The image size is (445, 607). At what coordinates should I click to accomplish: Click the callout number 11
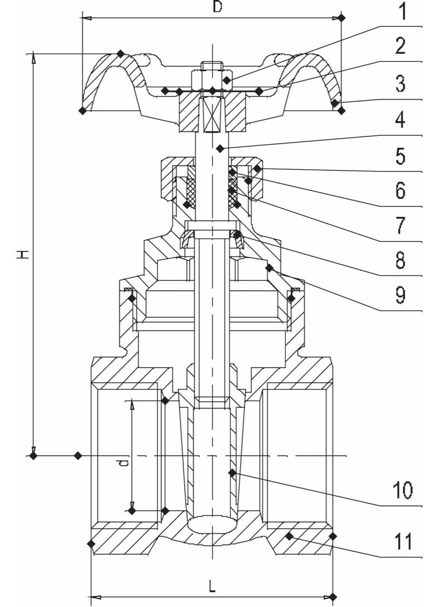[402, 541]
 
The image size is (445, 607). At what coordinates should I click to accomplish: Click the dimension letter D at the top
[217, 7]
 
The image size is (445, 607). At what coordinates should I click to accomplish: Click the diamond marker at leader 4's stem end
[220, 148]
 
